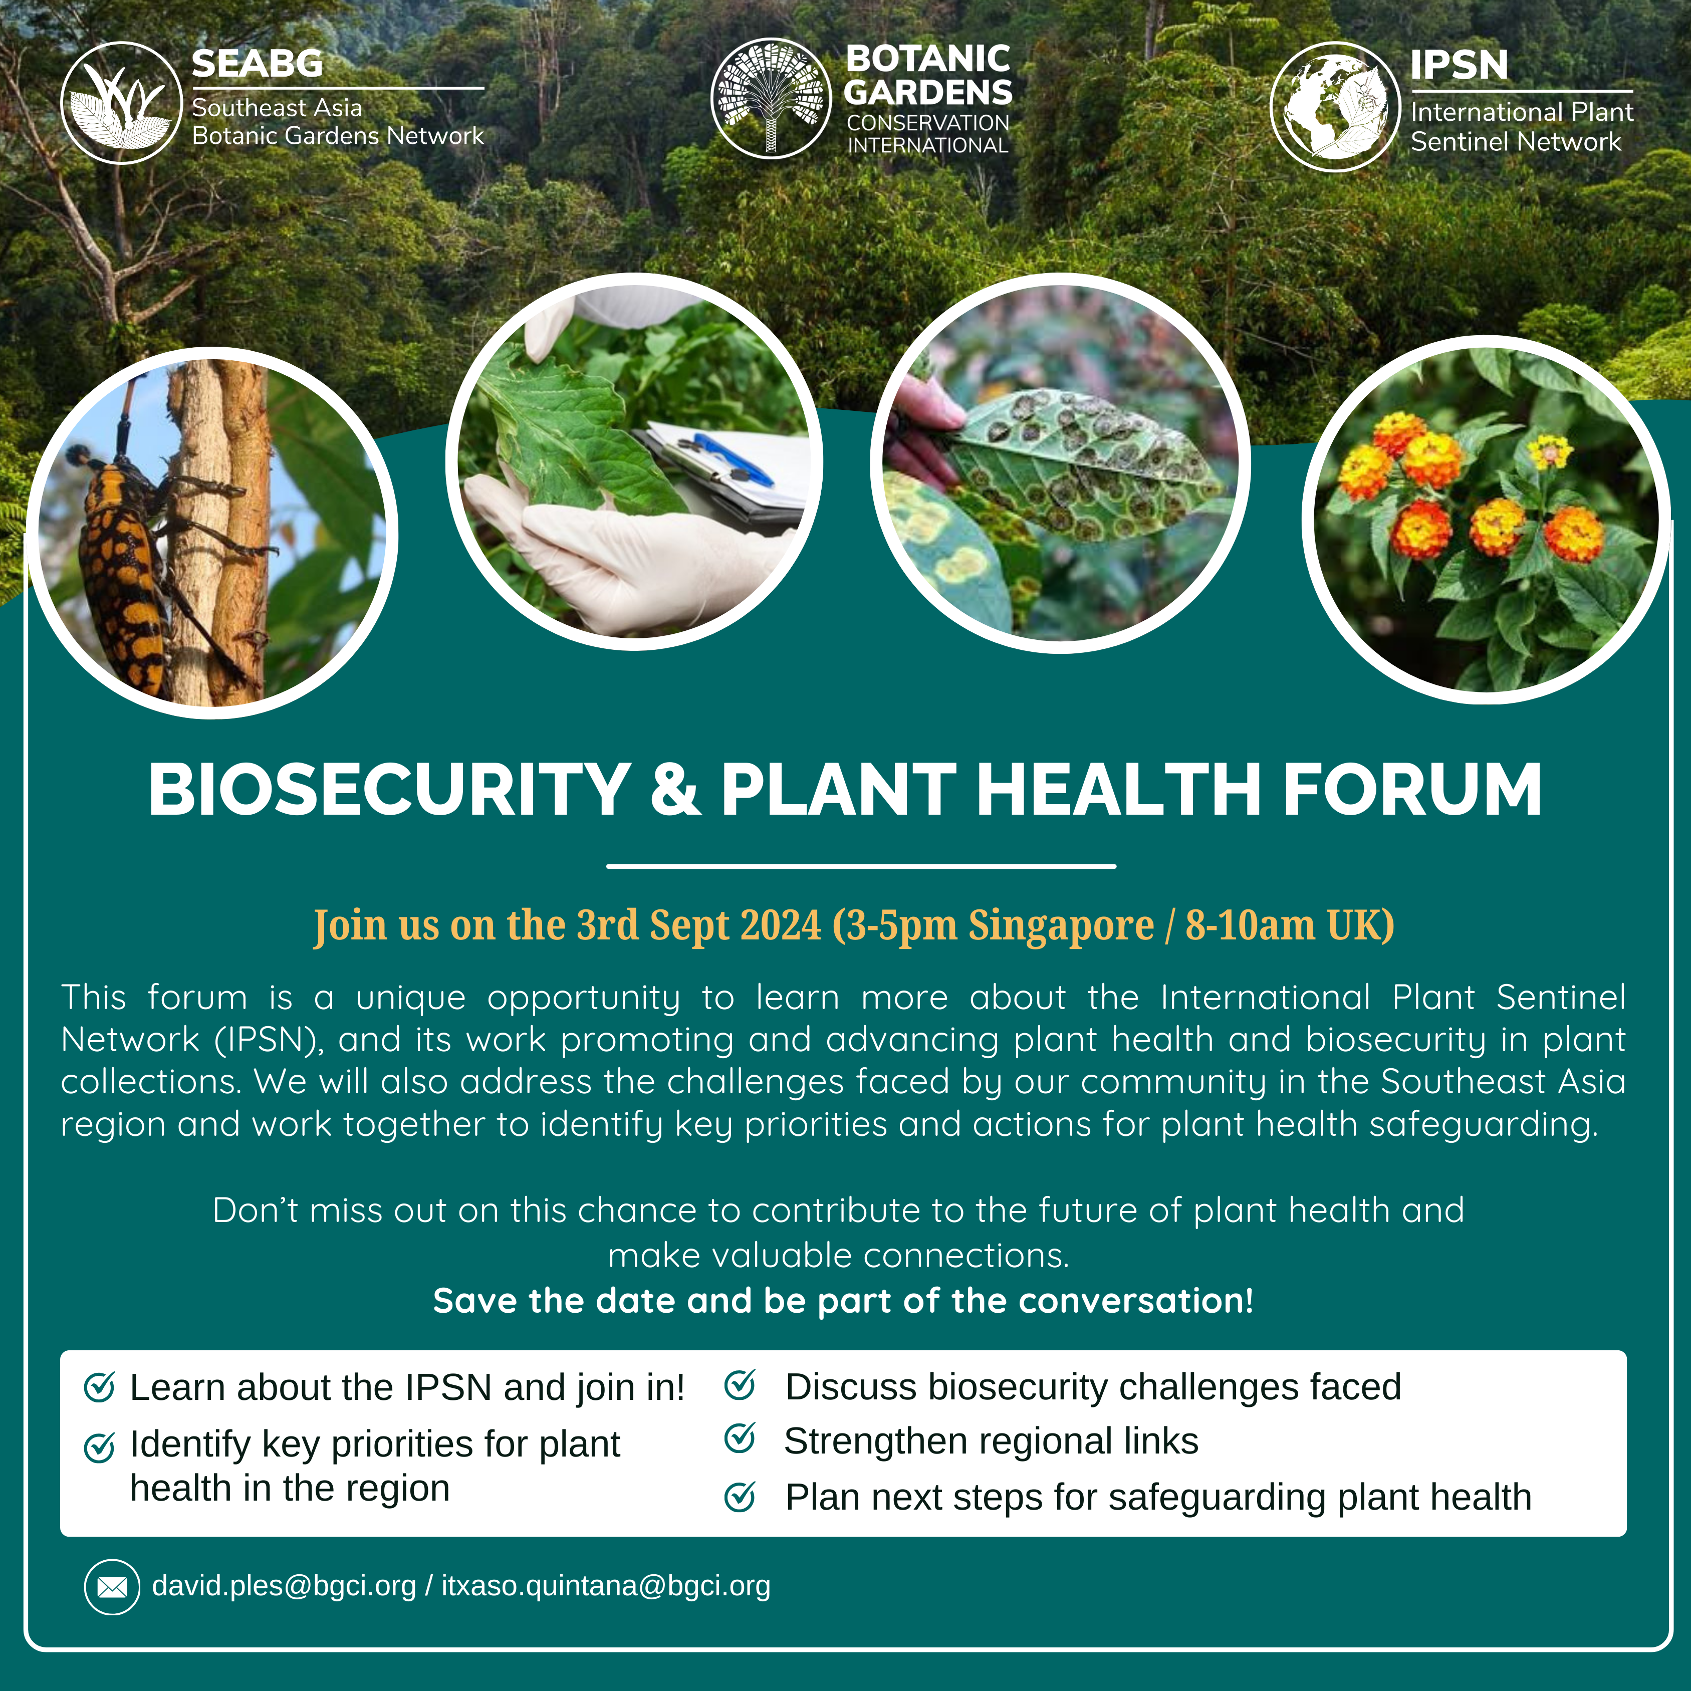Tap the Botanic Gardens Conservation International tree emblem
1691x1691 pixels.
click(x=770, y=98)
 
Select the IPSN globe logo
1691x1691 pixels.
click(x=1335, y=106)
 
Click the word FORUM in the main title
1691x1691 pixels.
click(x=1412, y=790)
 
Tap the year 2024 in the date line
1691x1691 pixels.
click(x=780, y=924)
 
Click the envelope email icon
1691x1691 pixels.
click(x=112, y=1587)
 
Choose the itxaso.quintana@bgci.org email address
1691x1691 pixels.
click(x=606, y=1586)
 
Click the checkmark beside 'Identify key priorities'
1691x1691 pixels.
click(x=99, y=1447)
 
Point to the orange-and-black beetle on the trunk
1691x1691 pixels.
click(x=123, y=569)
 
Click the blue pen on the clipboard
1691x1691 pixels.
click(x=731, y=459)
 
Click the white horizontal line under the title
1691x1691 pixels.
click(x=861, y=866)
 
